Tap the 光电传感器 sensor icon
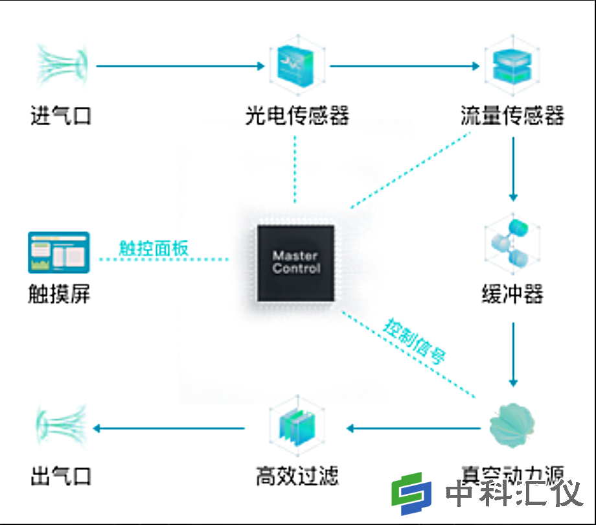point(297,65)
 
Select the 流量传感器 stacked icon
point(512,65)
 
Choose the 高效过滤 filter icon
point(296,428)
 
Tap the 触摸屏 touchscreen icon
point(59,252)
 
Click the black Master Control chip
point(296,262)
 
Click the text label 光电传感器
point(297,116)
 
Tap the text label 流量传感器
point(512,116)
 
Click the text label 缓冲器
point(512,296)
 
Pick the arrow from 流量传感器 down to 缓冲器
point(513,169)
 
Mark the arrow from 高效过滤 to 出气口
point(168,428)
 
